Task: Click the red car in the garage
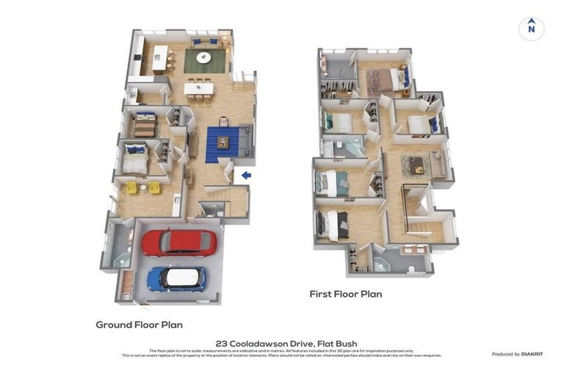tap(179, 242)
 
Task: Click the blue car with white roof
tap(176, 278)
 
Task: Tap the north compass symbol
tap(531, 29)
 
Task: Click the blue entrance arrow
tap(246, 175)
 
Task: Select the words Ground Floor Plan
tap(139, 325)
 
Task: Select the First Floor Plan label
tap(345, 294)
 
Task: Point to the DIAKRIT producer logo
tap(532, 354)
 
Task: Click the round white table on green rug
tap(203, 57)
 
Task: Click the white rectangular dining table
tap(198, 89)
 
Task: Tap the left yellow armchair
tap(132, 187)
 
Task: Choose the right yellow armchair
tap(154, 187)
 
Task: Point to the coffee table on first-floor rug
tap(416, 164)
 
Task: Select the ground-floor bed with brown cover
tap(145, 126)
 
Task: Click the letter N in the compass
tap(531, 30)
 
